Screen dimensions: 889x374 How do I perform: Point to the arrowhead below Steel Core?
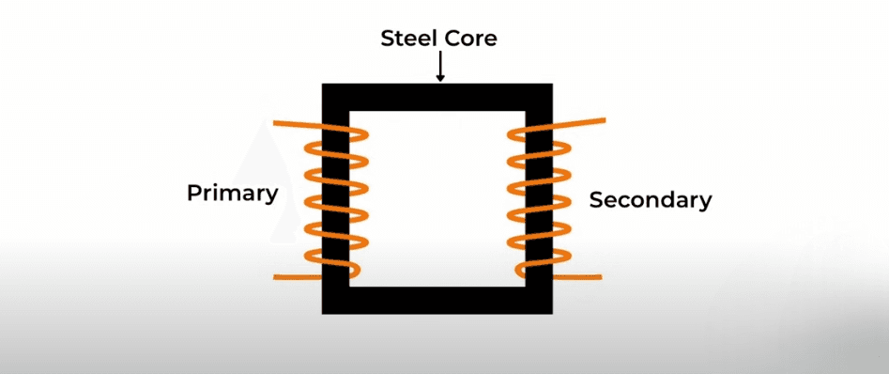tap(440, 78)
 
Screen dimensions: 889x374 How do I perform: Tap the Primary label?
tap(233, 195)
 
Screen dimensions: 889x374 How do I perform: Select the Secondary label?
tap(651, 200)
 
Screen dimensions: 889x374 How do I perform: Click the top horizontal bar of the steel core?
tap(437, 97)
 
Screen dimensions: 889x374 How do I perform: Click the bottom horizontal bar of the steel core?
tap(437, 300)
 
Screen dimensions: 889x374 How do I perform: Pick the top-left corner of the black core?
tap(323, 84)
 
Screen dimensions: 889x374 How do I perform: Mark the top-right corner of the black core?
tap(552, 84)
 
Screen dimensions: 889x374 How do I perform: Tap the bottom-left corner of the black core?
tap(323, 313)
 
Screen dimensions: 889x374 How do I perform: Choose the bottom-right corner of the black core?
tap(552, 313)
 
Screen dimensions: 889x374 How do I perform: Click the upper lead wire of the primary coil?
tap(299, 124)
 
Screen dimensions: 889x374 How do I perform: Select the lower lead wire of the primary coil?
tap(298, 277)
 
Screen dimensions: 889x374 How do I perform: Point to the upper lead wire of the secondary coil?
tap(577, 122)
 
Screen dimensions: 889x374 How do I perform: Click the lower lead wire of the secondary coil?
tap(577, 277)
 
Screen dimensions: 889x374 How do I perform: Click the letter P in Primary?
tap(194, 193)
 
